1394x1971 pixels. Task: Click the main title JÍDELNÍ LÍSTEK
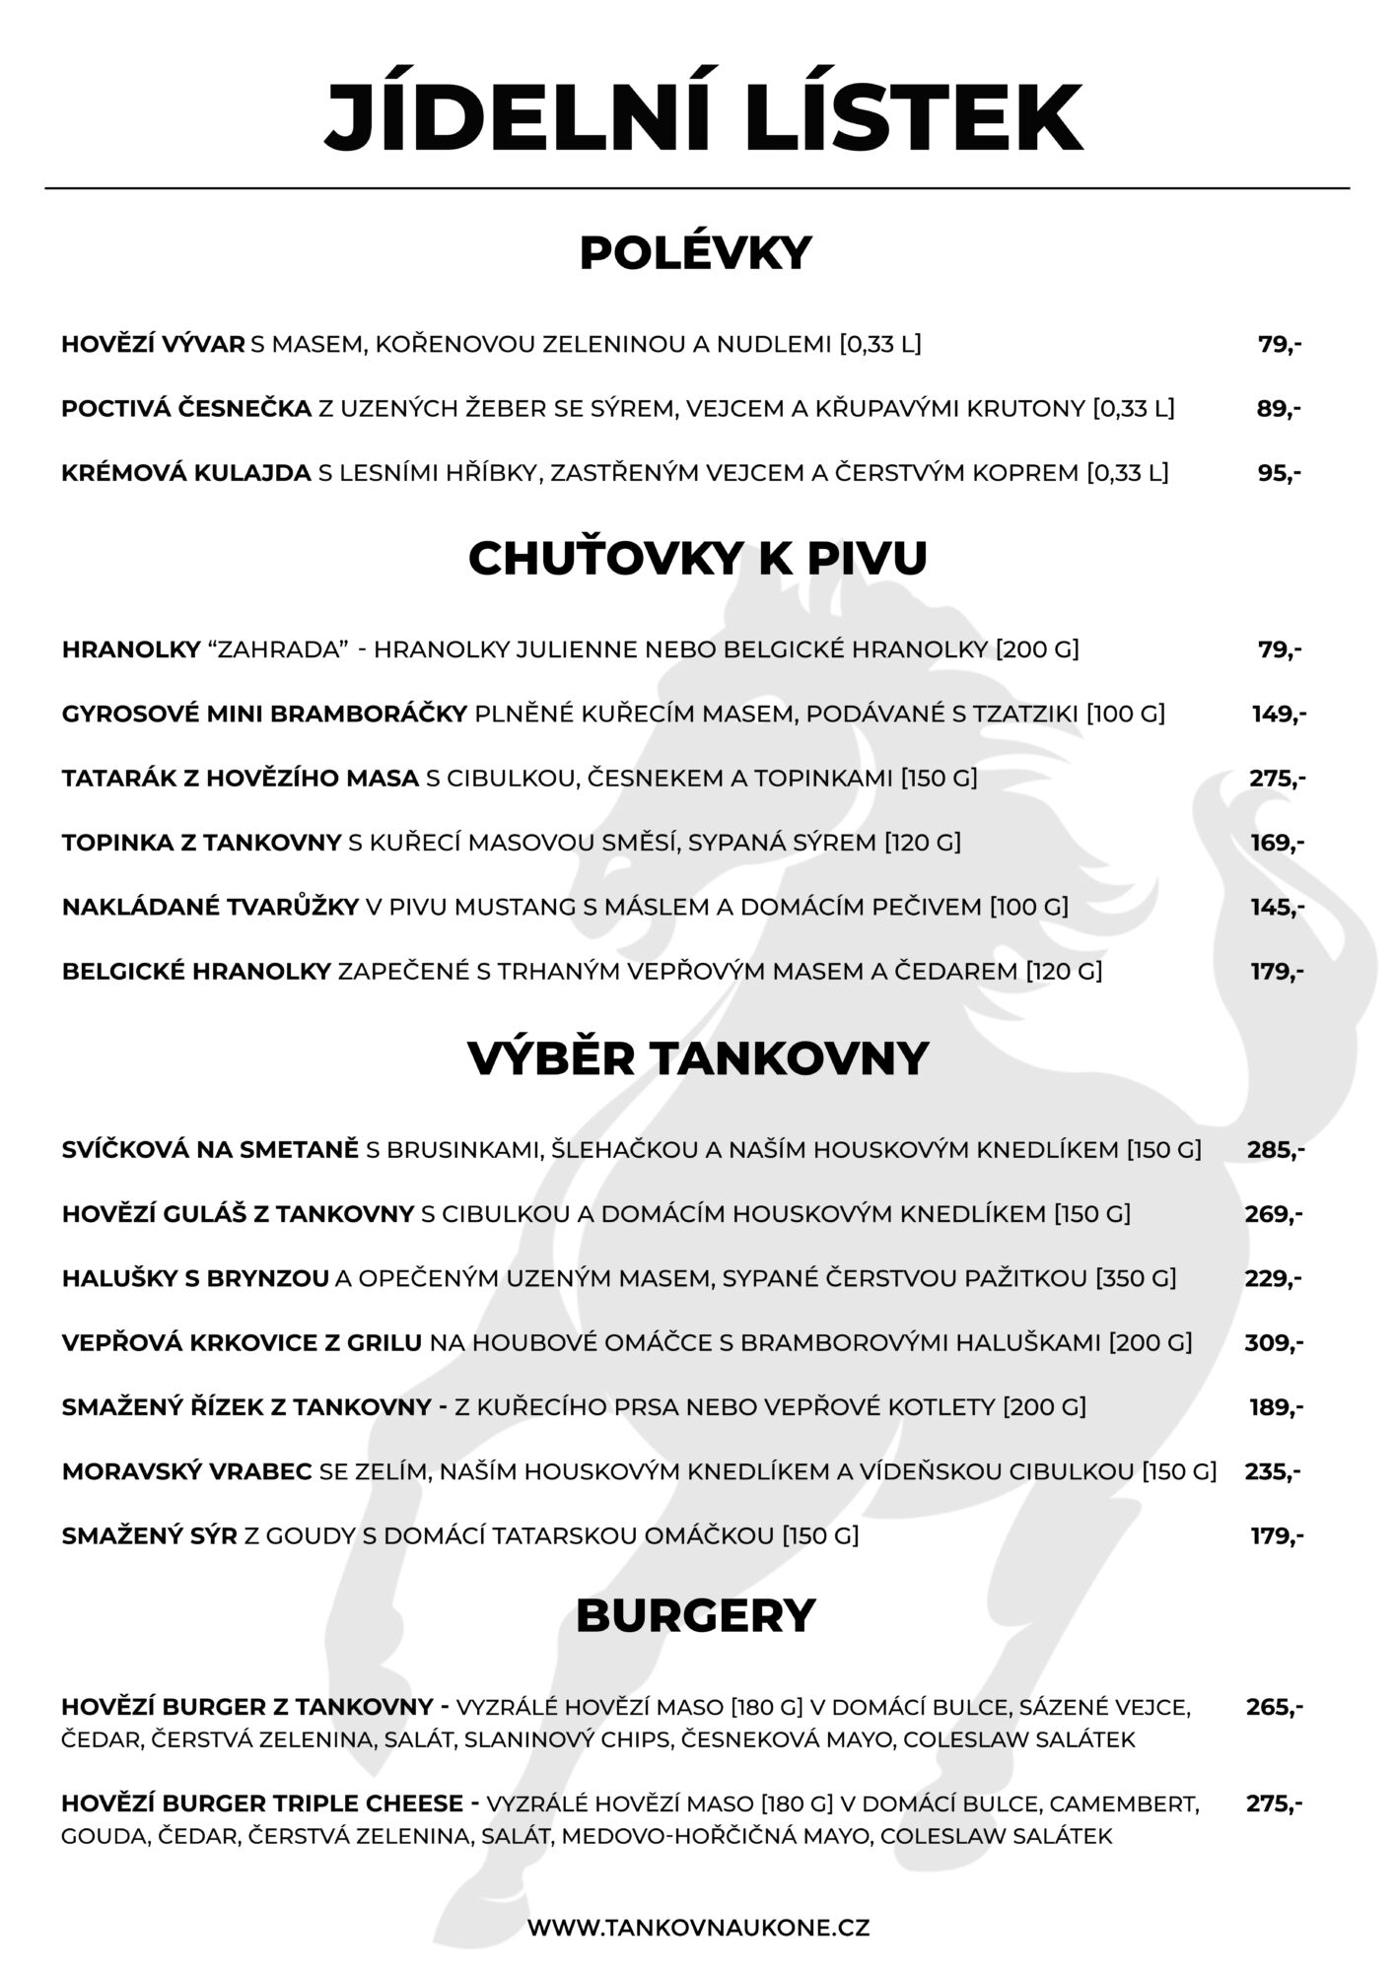point(703,115)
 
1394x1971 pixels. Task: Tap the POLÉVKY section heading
point(695,253)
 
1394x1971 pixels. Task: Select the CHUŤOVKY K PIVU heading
point(697,559)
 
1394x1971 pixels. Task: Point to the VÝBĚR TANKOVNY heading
point(697,1058)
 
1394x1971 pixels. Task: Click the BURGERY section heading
point(695,1615)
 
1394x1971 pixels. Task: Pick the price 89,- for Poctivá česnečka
point(1278,409)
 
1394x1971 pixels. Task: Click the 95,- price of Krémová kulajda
point(1278,473)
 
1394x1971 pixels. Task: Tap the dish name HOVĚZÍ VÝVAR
point(153,345)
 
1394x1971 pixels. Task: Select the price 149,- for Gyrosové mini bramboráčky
point(1278,714)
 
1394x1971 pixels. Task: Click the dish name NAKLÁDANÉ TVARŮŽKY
point(210,907)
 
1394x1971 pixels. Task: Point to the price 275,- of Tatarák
point(1277,779)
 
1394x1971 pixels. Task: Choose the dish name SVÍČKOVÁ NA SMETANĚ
point(210,1149)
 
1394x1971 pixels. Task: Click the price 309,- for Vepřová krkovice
point(1274,1342)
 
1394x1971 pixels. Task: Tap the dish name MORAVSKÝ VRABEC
point(186,1471)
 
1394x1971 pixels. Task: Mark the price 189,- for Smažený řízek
point(1276,1407)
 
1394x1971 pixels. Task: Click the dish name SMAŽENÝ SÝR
point(149,1535)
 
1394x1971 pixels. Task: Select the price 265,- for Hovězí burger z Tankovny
point(1274,1707)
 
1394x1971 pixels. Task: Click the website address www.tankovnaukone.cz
point(698,1927)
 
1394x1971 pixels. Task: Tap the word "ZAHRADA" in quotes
point(278,649)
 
